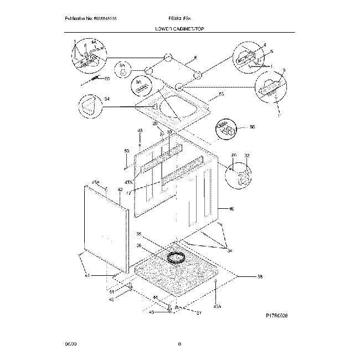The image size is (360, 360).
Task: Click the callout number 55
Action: tap(107, 79)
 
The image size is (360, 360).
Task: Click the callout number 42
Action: tap(120, 189)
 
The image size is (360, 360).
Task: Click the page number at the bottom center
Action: tap(179, 344)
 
